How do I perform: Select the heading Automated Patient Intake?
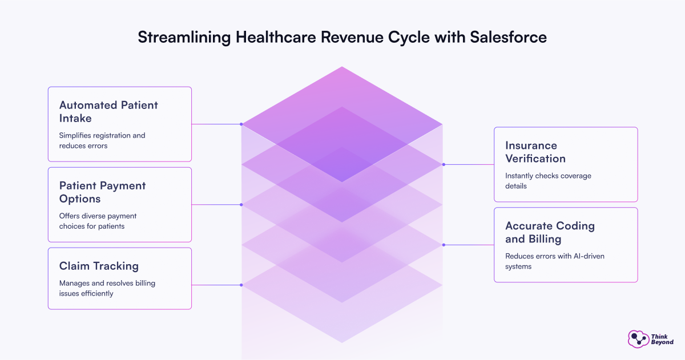click(108, 111)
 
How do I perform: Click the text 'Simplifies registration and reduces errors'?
click(102, 140)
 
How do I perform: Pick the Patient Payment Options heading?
click(102, 192)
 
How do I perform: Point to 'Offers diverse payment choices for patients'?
click(98, 221)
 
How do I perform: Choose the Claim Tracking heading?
click(99, 266)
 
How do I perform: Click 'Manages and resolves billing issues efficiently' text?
click(107, 288)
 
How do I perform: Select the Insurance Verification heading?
click(535, 152)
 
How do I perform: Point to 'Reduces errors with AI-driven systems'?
click(554, 261)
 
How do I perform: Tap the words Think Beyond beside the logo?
click(662, 339)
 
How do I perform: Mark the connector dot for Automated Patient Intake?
click(241, 124)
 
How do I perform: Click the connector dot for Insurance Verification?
click(443, 164)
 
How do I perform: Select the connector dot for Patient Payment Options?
click(241, 204)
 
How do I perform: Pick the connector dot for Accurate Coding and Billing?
click(443, 245)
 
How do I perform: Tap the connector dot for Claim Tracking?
click(241, 285)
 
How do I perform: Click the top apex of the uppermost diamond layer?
click(342, 67)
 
